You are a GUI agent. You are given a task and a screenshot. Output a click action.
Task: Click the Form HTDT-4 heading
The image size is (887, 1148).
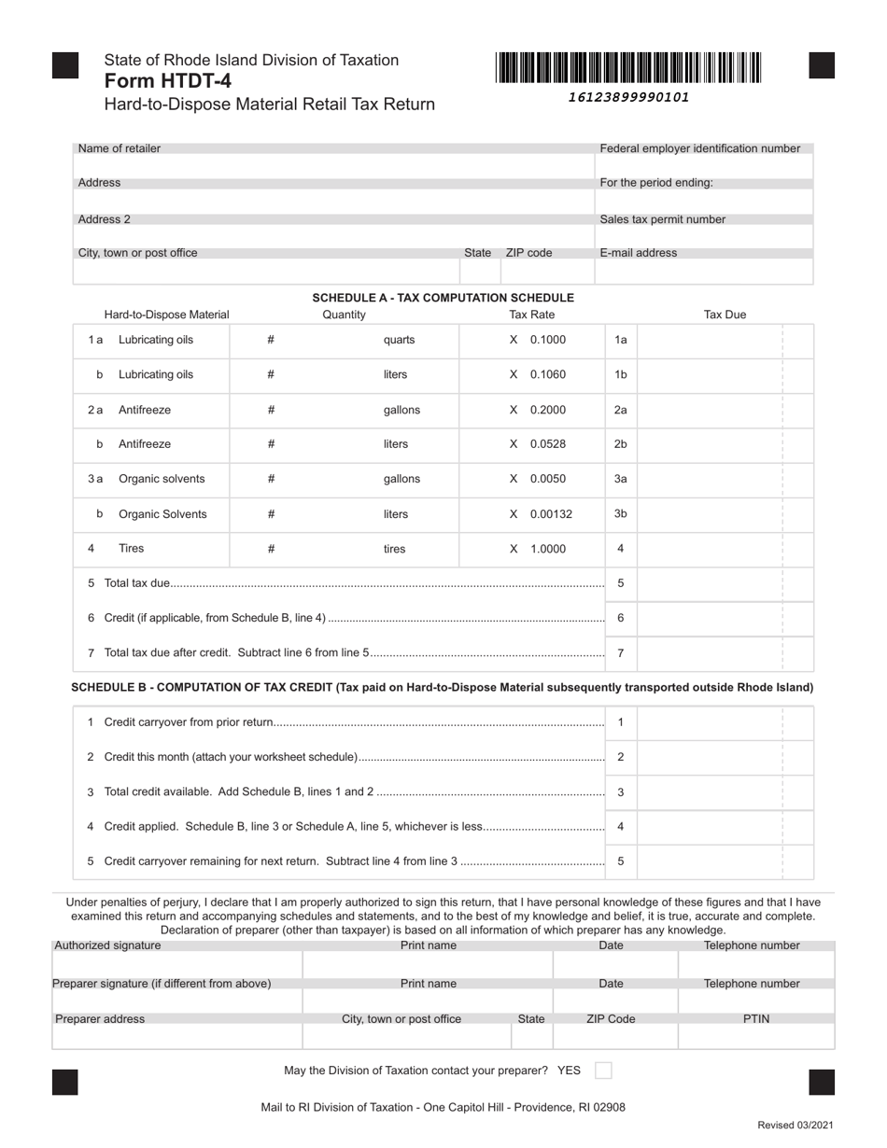168,81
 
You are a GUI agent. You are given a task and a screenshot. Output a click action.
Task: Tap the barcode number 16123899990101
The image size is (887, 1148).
627,97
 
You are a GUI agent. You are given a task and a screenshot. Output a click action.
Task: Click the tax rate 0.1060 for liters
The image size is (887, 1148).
547,374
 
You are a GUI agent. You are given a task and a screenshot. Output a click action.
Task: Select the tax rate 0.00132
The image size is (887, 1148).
551,514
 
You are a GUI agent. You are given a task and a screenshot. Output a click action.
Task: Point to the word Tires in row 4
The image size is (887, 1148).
131,549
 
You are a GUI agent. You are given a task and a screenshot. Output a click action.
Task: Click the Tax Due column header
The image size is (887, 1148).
725,315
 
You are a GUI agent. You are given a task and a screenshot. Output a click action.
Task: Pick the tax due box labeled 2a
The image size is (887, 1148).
710,410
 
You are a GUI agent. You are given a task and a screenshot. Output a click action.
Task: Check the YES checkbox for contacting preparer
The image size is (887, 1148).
603,1071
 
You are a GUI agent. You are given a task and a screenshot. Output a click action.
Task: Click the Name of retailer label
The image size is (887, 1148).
120,148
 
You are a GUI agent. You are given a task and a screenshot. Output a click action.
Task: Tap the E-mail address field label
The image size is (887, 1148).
639,253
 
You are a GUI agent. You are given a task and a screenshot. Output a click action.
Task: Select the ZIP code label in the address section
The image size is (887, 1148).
528,253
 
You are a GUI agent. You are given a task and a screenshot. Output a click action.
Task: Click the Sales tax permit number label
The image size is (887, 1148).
662,219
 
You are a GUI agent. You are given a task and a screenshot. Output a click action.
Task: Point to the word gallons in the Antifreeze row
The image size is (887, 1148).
401,410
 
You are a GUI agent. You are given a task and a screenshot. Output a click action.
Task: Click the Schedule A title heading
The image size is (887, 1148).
443,298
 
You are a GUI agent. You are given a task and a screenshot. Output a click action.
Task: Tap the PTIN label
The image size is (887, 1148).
755,1019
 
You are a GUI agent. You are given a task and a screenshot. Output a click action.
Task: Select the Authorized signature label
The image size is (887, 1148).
107,945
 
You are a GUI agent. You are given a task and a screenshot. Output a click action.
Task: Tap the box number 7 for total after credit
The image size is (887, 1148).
621,653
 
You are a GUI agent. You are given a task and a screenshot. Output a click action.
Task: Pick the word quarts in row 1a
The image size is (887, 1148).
399,340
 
